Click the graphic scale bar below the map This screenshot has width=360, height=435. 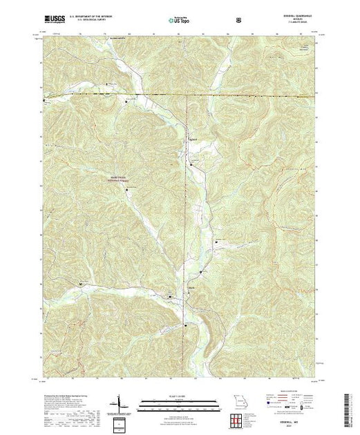click(x=179, y=403)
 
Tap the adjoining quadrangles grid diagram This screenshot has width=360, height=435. click(x=238, y=420)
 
